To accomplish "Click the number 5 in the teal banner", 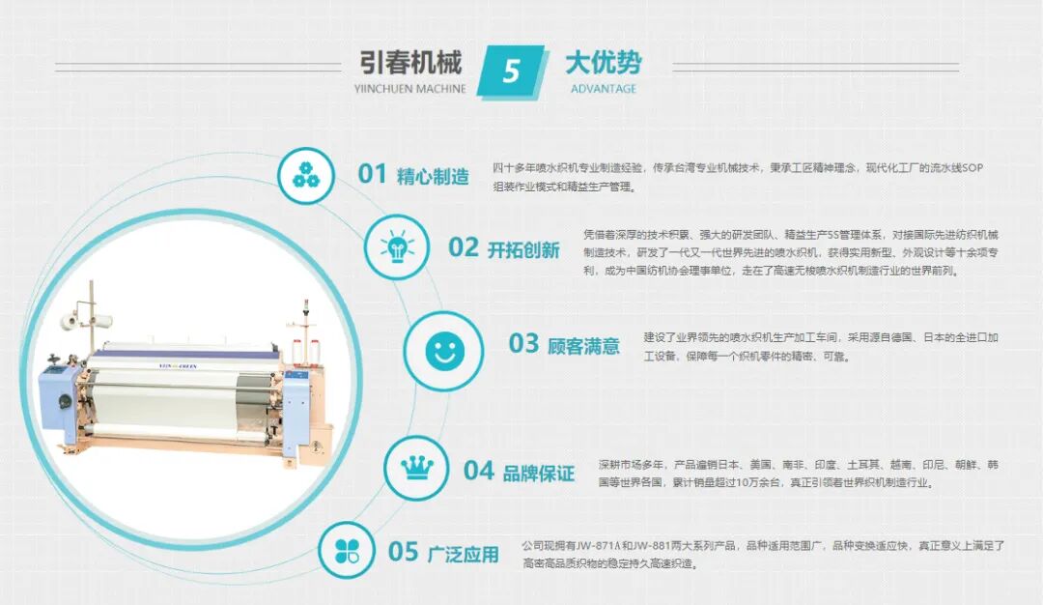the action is (511, 71).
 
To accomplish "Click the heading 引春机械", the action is (410, 63).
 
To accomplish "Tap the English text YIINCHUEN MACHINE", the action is (409, 89).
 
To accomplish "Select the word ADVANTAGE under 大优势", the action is (604, 89).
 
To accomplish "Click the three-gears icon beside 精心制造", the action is (306, 176).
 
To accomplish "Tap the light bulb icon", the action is (398, 246).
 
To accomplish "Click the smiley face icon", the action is (444, 351).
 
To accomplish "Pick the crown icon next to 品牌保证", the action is (416, 468).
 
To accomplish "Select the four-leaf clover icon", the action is (348, 551).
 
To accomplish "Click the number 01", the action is (372, 174).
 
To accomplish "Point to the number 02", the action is (463, 247).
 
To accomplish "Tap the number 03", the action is (523, 344).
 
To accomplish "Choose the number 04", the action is (479, 472).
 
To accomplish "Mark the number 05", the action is (403, 552).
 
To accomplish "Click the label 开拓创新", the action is (523, 250).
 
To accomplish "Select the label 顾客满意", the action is (583, 346).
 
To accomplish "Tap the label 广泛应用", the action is (463, 555).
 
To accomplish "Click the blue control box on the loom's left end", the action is (60, 406).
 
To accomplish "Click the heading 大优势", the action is (604, 63).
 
